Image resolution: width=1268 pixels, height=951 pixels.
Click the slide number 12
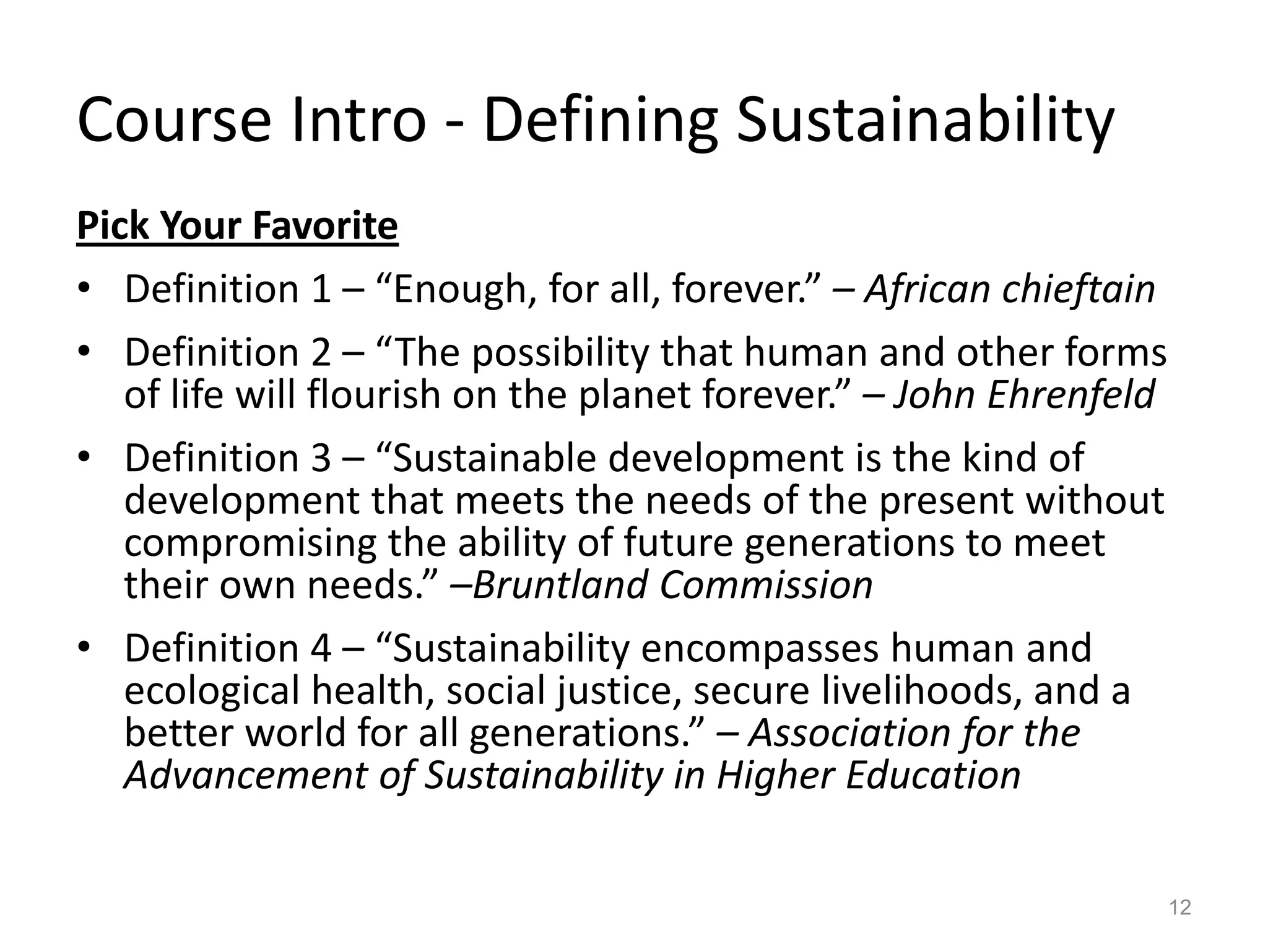(1181, 907)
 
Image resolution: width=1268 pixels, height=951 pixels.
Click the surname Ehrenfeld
(1070, 394)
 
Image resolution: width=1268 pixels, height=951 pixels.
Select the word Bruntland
(561, 584)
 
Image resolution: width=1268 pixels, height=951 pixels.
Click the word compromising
(250, 542)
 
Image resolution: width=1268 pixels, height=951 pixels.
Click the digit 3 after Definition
(321, 459)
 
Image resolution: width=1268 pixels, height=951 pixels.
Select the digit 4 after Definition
(321, 648)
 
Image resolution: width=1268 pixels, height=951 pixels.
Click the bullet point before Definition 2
(84, 352)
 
